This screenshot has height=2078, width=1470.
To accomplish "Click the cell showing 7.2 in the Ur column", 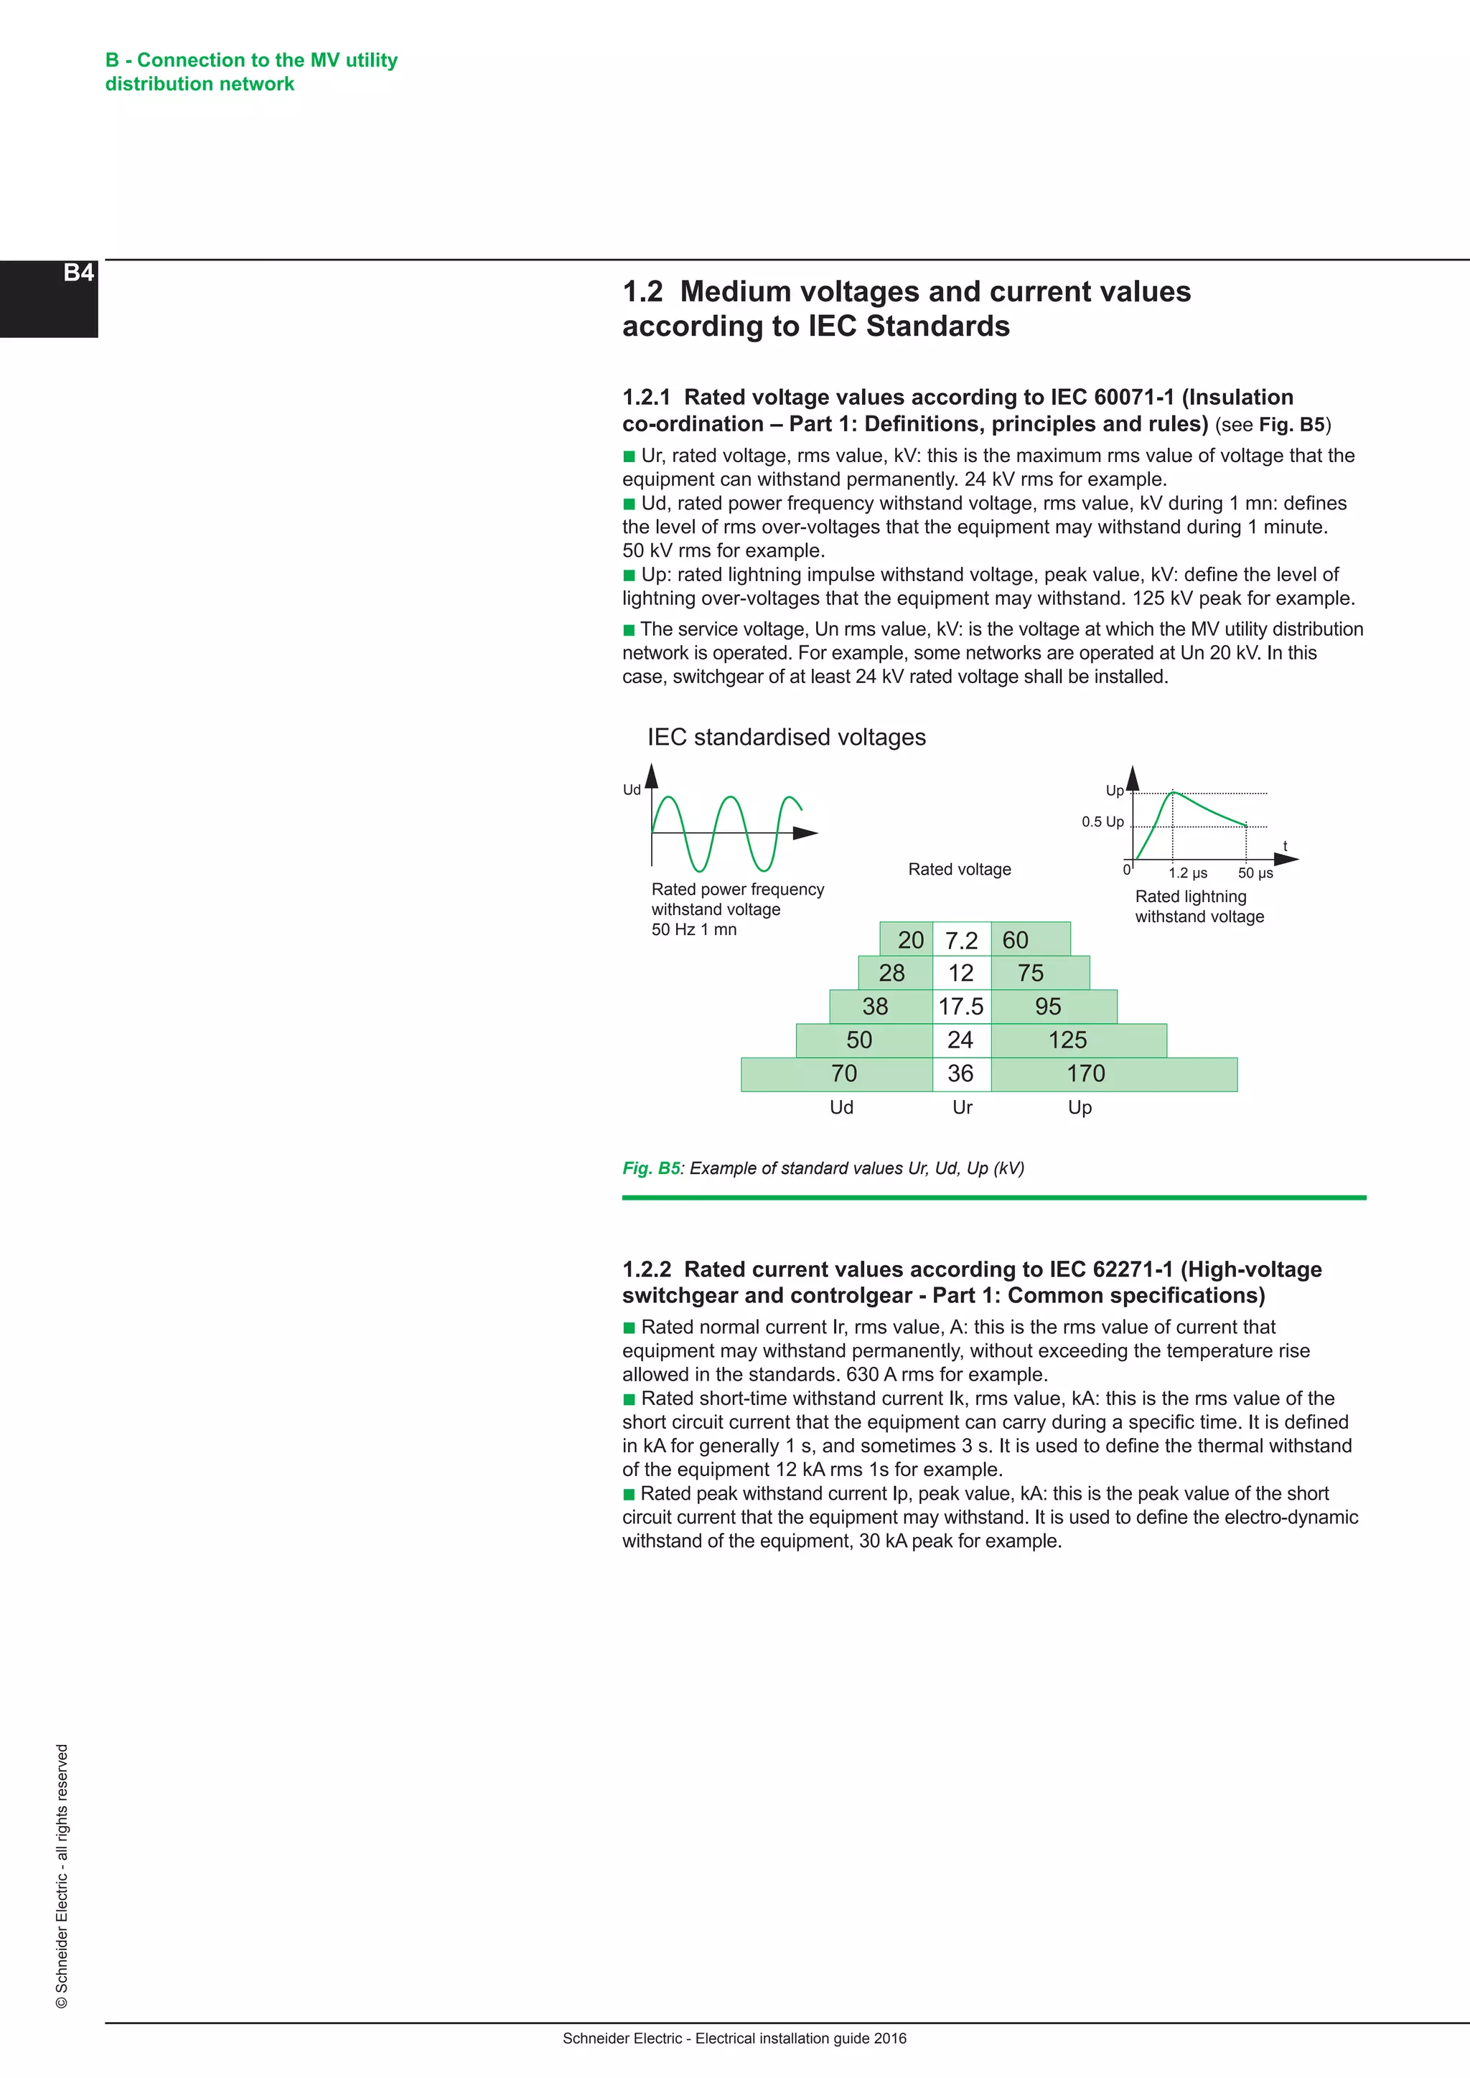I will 961,941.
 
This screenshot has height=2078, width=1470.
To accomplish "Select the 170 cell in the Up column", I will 1085,1073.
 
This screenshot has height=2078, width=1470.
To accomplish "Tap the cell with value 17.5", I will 960,1007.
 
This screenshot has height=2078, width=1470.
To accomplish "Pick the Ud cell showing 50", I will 859,1040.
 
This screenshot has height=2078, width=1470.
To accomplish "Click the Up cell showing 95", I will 1047,1007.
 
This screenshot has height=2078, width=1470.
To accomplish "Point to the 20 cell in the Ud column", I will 909,941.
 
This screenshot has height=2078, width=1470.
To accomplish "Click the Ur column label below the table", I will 963,1107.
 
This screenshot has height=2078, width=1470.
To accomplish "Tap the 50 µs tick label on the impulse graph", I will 1255,873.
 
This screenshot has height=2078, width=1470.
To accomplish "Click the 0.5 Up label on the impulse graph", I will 1102,822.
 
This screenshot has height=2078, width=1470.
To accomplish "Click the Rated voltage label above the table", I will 960,869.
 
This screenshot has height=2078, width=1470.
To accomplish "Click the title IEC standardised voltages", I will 787,737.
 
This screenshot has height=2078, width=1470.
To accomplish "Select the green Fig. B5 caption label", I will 651,1168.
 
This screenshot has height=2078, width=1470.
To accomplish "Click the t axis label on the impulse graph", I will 1284,846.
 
